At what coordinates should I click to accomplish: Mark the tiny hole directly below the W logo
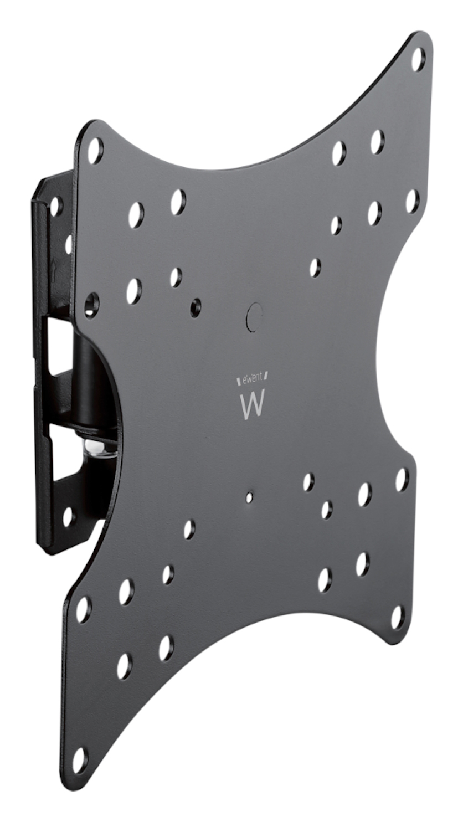[249, 497]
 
